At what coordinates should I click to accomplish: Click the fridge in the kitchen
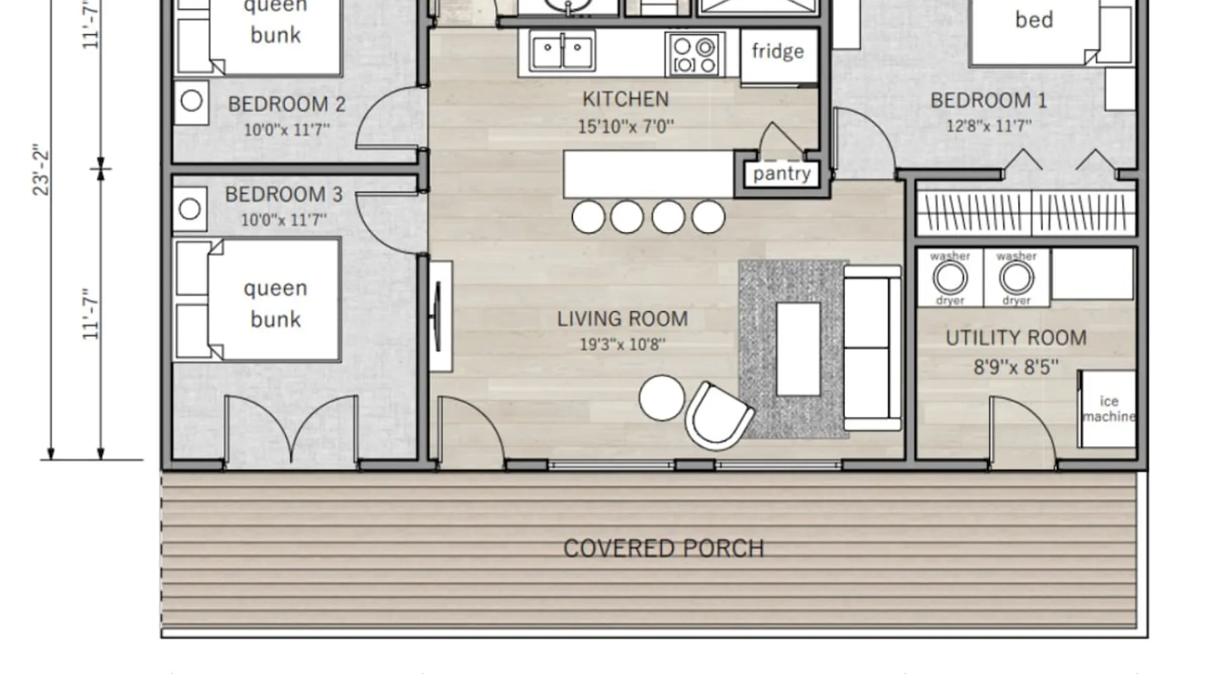779,56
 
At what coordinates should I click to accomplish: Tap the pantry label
782,174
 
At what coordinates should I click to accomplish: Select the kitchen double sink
562,51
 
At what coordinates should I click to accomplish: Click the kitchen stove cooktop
695,54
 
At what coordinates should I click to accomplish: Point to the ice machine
1107,409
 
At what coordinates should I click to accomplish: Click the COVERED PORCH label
664,549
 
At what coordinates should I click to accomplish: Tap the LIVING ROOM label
623,319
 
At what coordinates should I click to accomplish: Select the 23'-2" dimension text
42,170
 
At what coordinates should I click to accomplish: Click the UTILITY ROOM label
1016,338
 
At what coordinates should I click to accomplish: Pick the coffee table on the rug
799,349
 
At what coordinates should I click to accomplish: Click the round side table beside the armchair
662,398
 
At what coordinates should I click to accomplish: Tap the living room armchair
718,416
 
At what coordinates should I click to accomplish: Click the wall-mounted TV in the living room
438,317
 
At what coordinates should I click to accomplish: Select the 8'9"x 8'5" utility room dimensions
1016,367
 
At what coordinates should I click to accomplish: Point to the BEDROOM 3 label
283,195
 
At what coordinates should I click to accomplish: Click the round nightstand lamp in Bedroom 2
191,101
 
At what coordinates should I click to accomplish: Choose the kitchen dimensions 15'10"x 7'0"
626,126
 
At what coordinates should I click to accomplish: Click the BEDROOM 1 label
988,101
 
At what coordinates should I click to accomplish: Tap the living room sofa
873,348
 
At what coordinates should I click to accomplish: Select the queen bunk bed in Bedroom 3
257,299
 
